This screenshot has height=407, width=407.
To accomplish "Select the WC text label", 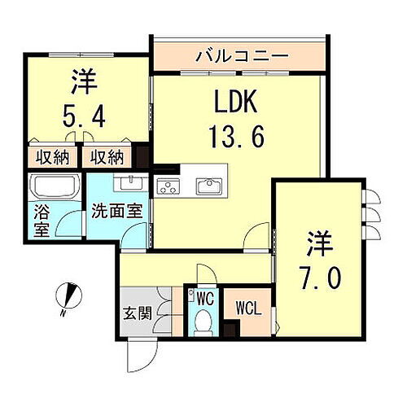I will click(x=204, y=298).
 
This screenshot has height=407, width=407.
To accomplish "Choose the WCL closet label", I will click(x=248, y=309).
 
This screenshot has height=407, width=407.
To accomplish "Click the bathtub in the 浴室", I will click(x=53, y=188).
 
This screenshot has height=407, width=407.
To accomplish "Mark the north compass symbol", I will click(x=68, y=294).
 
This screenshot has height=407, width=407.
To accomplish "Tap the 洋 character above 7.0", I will click(x=320, y=242).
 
